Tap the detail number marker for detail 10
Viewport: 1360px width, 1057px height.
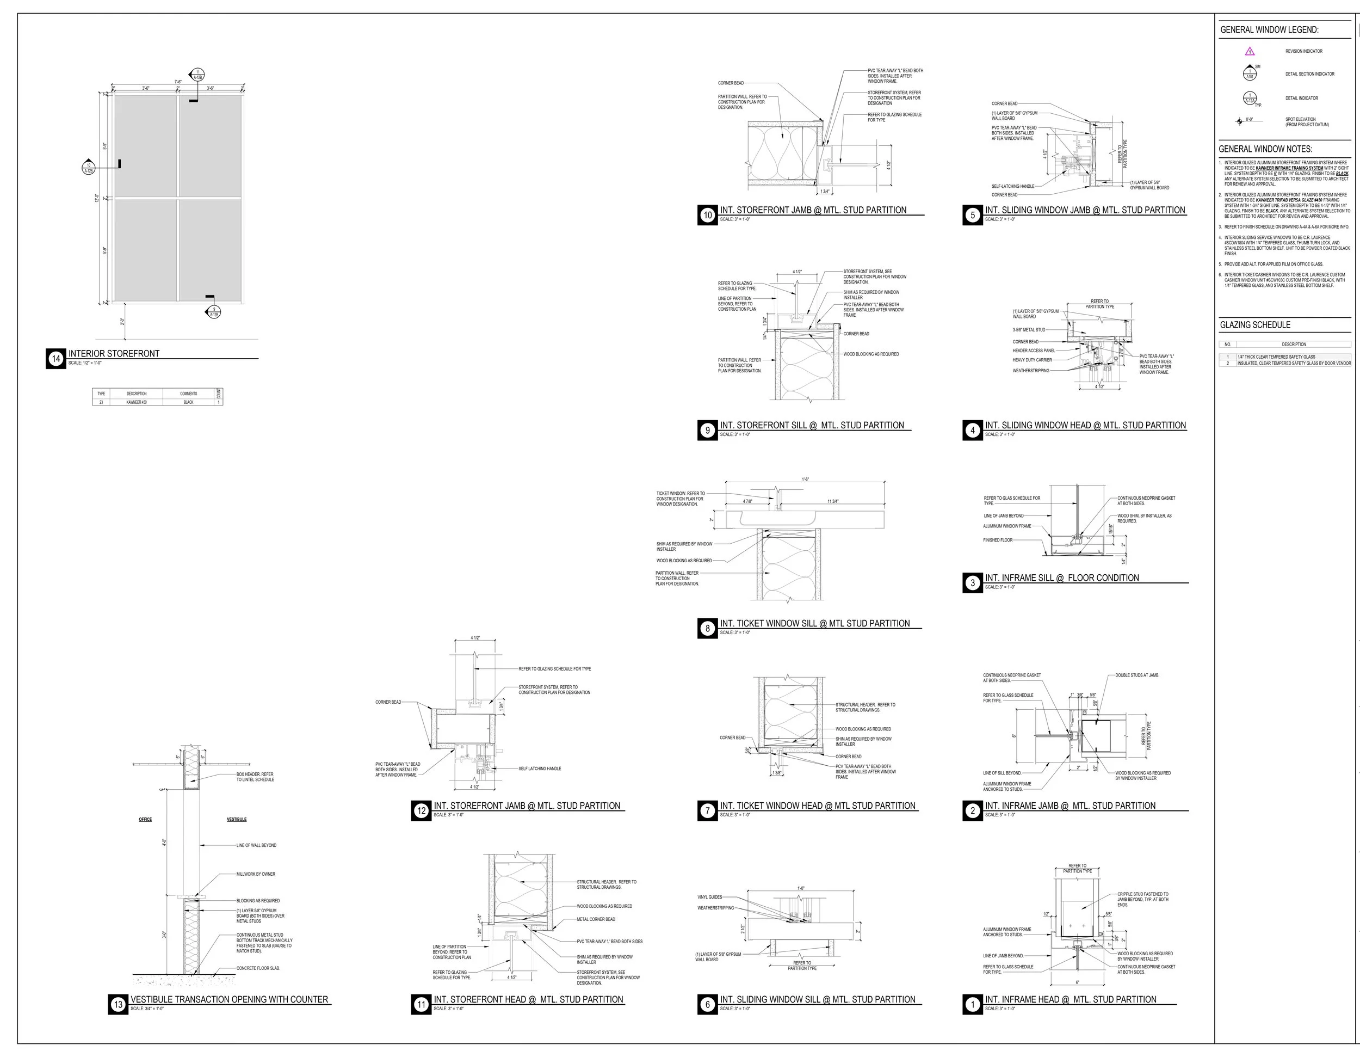[x=707, y=215]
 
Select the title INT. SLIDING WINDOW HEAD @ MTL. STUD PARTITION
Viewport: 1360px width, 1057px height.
[x=1085, y=426]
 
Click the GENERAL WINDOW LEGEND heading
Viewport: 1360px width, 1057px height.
[x=1269, y=30]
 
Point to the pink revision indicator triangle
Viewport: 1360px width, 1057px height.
[x=1249, y=52]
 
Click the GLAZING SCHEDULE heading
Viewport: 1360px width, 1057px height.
[x=1255, y=325]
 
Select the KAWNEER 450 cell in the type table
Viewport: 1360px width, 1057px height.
[x=137, y=402]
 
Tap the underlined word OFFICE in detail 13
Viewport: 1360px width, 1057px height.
[x=145, y=820]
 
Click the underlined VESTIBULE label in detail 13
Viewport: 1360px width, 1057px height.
[x=237, y=820]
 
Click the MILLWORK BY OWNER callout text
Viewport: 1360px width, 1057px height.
[x=255, y=875]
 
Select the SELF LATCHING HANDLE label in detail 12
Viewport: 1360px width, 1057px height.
[x=539, y=769]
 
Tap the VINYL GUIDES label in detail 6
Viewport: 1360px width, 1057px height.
[x=709, y=898]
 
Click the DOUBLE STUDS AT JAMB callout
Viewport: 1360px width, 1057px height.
[x=1137, y=675]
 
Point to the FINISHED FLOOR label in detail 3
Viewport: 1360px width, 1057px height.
[x=998, y=540]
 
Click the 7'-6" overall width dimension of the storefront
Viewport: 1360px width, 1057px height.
[x=178, y=82]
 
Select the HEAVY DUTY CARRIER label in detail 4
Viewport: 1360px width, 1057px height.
[x=1032, y=360]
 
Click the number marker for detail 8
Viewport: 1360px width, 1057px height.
[x=707, y=629]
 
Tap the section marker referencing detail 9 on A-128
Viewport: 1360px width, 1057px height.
[x=214, y=312]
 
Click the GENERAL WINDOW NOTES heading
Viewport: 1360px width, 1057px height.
[x=1265, y=150]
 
